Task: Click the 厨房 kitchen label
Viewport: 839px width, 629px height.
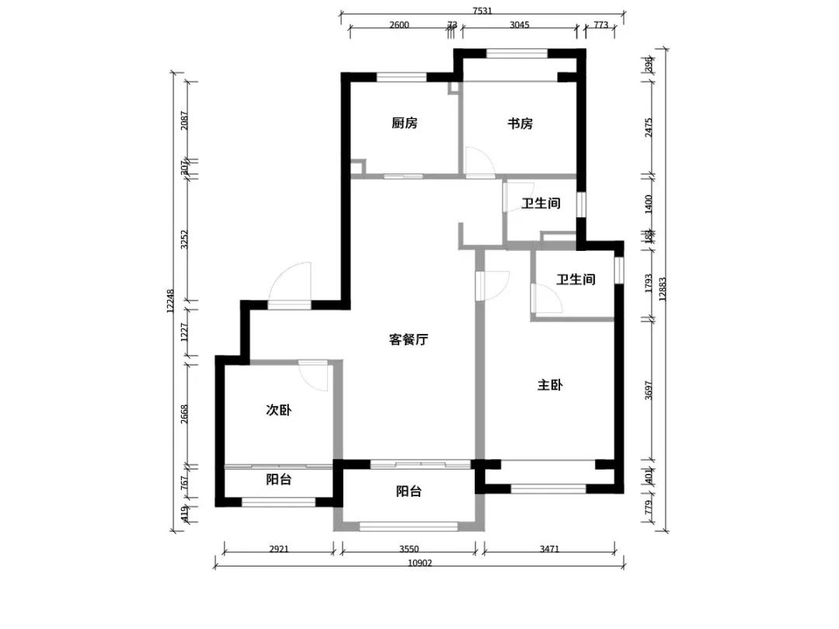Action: click(x=404, y=123)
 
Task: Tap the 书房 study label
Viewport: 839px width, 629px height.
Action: click(x=520, y=123)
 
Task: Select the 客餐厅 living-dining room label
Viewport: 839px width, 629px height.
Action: click(x=409, y=339)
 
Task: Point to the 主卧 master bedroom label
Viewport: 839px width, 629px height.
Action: click(x=549, y=385)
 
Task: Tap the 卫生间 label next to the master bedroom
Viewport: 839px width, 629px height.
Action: click(x=576, y=280)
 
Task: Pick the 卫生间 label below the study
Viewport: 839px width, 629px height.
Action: click(x=541, y=203)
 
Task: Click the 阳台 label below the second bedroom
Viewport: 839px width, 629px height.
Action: click(x=278, y=480)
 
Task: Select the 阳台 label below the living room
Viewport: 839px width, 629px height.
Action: click(x=409, y=492)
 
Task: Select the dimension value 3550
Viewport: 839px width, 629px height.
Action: click(x=409, y=549)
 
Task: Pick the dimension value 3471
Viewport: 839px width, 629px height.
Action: click(x=548, y=549)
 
